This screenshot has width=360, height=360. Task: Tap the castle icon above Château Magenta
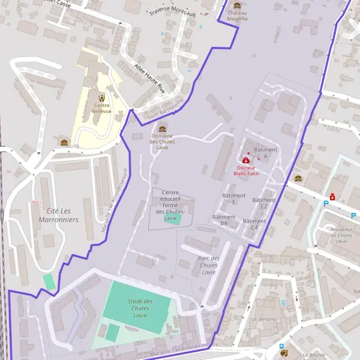(237, 5)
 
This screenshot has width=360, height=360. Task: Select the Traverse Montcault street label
(173, 11)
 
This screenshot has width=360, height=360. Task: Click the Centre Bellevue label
(101, 109)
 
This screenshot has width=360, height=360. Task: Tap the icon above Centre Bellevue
(101, 97)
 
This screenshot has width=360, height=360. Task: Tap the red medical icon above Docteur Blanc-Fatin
(246, 161)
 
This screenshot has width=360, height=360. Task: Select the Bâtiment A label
(266, 152)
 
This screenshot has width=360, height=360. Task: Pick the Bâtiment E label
(234, 199)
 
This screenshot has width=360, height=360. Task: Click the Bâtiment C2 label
(264, 203)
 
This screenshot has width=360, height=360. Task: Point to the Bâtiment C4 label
(254, 224)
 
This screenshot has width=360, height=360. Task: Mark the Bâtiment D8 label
(224, 220)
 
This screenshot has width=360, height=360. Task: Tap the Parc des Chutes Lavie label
(209, 265)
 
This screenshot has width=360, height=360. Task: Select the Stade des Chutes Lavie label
(140, 308)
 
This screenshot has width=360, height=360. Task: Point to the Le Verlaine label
(263, 319)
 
